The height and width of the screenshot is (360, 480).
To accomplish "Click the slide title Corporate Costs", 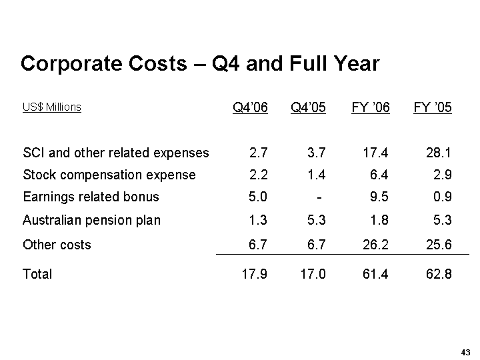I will tap(199, 64).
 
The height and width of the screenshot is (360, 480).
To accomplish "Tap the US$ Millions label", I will tap(51, 107).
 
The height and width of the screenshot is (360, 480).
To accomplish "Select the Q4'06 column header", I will tap(250, 107).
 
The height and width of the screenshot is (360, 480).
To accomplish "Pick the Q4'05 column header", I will tap(309, 107).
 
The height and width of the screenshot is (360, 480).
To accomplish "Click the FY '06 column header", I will tap(371, 107).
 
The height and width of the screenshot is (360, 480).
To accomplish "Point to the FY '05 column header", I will tap(433, 107).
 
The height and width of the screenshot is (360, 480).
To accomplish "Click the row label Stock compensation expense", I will tap(109, 175).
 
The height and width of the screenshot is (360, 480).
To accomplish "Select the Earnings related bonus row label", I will tap(91, 196).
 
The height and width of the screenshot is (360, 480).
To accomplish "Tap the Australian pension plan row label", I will tap(91, 220).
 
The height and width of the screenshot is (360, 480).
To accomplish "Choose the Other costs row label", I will tap(57, 245).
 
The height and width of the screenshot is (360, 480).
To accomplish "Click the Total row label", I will tap(37, 274).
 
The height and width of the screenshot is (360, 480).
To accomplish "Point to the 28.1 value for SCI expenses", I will tap(439, 153).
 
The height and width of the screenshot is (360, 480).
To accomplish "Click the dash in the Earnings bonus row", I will tap(321, 197).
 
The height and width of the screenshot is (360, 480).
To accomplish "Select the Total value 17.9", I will tap(254, 274).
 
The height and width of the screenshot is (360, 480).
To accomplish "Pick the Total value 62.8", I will tap(439, 274).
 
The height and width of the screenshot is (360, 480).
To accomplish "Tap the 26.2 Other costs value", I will tap(377, 245).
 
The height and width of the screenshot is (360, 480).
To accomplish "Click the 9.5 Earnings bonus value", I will tap(381, 196).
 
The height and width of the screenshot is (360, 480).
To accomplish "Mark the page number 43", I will tap(465, 352).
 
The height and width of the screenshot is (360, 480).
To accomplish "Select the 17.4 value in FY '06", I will tap(377, 153).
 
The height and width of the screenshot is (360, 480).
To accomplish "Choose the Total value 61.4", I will tap(377, 274).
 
